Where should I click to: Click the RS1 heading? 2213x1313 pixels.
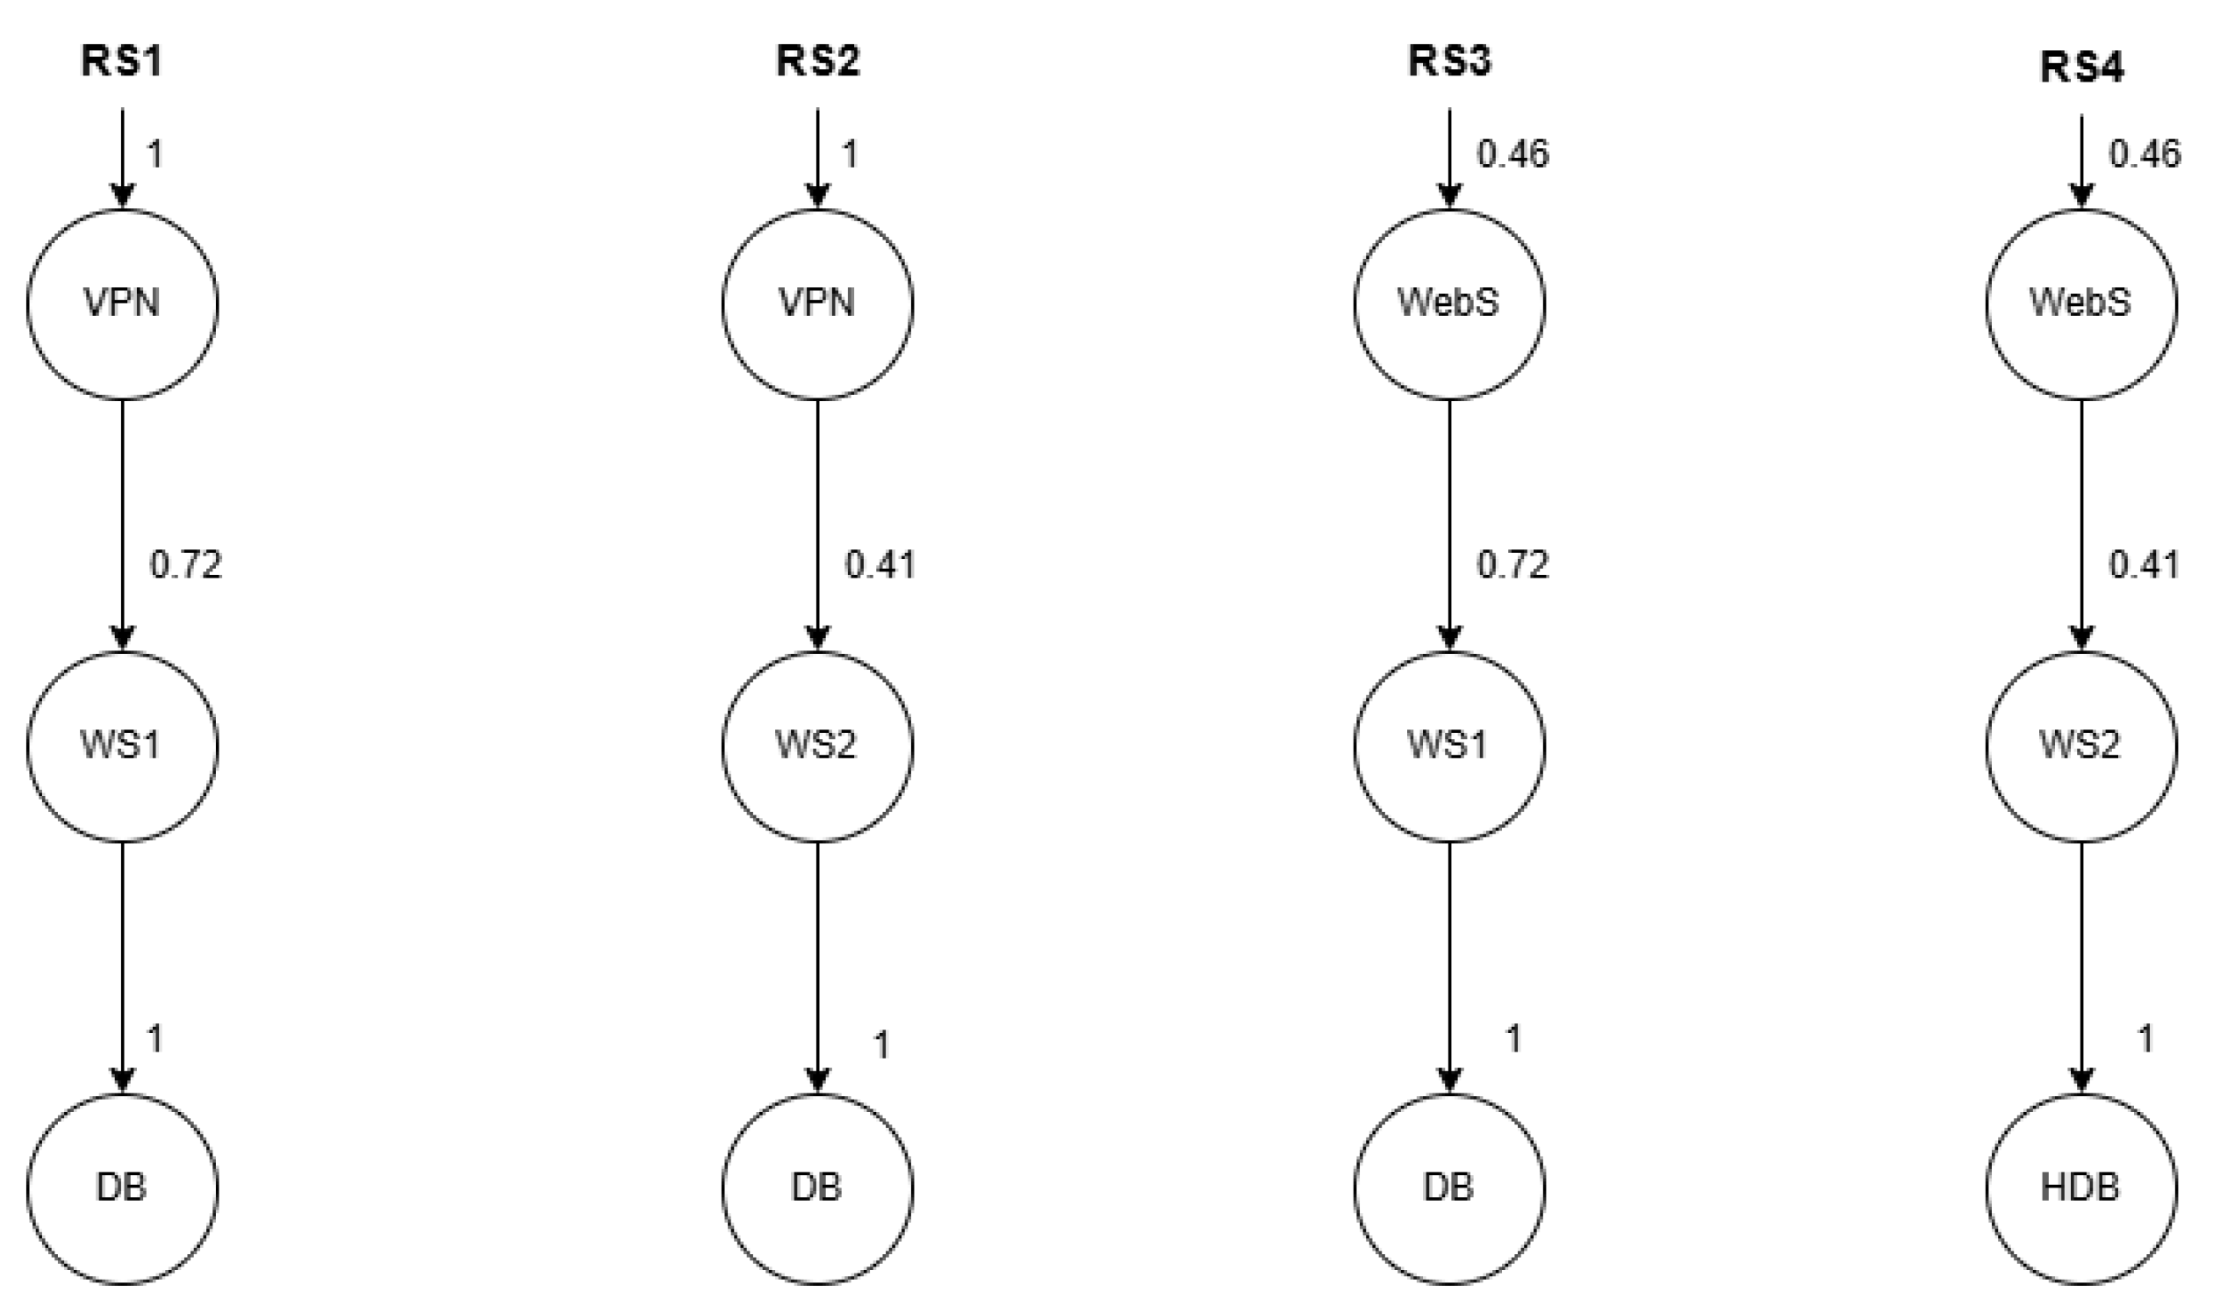pyautogui.click(x=122, y=62)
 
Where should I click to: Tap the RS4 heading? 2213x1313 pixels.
pyautogui.click(x=2081, y=68)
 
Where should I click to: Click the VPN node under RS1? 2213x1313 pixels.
pyautogui.click(x=122, y=304)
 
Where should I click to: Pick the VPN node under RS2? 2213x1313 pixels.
pyautogui.click(x=816, y=304)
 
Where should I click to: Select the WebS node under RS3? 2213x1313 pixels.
pyautogui.click(x=1449, y=304)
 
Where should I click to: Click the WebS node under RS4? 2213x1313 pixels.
pyautogui.click(x=2081, y=304)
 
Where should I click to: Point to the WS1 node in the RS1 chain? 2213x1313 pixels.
pyautogui.click(x=122, y=746)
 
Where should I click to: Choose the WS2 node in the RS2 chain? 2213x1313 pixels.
pyautogui.click(x=816, y=746)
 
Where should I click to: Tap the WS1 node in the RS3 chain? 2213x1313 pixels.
pyautogui.click(x=1449, y=746)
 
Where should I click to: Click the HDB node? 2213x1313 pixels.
pyautogui.click(x=2081, y=1188)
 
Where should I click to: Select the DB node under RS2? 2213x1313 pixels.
pyautogui.click(x=816, y=1188)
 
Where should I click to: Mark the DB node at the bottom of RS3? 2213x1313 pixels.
pyautogui.click(x=1449, y=1188)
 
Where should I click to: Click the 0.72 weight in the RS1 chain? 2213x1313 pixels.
pyautogui.click(x=186, y=564)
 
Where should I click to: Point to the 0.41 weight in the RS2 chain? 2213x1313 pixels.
pyautogui.click(x=880, y=564)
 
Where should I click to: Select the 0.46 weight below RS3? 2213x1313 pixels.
pyautogui.click(x=1512, y=154)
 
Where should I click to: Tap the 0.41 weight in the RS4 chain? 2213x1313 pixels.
pyautogui.click(x=2144, y=564)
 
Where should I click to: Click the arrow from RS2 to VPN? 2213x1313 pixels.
pyautogui.click(x=816, y=157)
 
